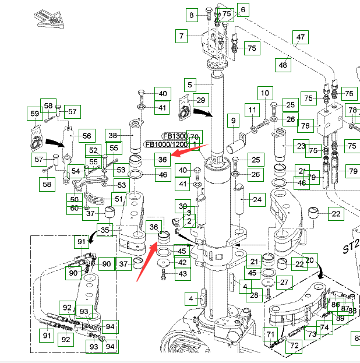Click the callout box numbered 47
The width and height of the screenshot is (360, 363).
(x=299, y=38)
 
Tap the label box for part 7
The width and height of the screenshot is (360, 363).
(x=182, y=36)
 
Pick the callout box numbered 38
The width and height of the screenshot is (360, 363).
(x=113, y=135)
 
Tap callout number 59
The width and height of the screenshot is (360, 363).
(x=35, y=114)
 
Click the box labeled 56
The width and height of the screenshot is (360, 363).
(x=86, y=135)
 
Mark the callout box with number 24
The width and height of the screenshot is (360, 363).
(x=256, y=200)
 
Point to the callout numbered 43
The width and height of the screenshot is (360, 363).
(x=182, y=273)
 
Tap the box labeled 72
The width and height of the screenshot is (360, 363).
(x=294, y=346)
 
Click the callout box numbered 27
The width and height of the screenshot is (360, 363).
(x=284, y=283)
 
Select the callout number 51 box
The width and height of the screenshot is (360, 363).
(x=119, y=199)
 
